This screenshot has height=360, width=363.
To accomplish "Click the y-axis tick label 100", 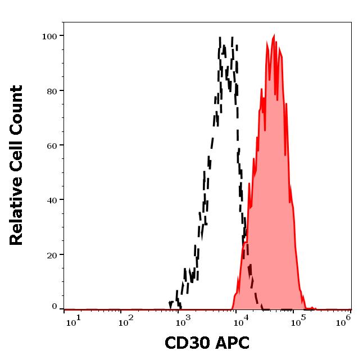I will pos(49,37).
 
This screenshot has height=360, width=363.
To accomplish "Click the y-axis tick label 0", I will pos(55,307).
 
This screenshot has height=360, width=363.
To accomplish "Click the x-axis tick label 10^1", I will pos(73,320).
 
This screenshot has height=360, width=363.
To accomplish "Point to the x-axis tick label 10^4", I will pos(242,320).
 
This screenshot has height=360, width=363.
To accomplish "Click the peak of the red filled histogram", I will pos(274,35).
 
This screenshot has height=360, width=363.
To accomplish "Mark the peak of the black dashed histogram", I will pos(220,38).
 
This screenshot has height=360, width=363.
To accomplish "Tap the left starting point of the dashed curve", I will pos(170,307).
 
